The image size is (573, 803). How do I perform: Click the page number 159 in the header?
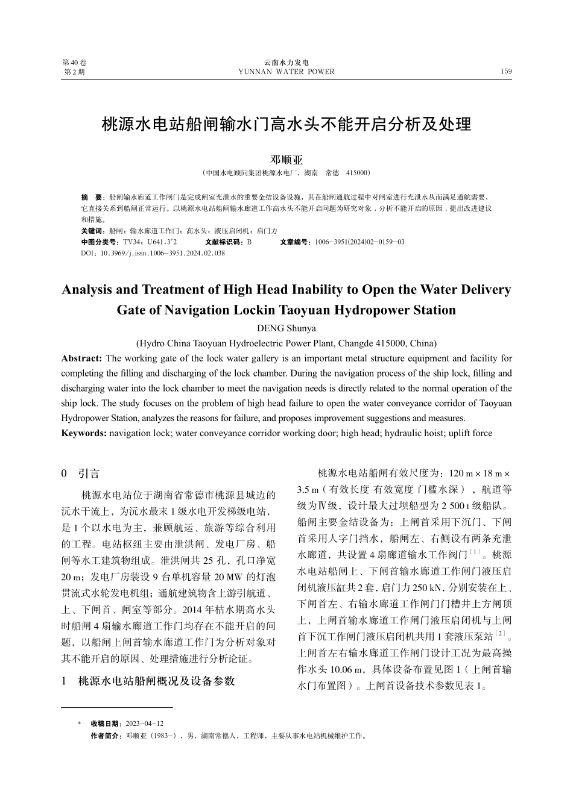click(506, 72)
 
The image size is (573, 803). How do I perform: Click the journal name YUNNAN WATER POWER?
click(286, 72)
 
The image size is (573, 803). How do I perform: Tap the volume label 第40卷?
click(75, 63)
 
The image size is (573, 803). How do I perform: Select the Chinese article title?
click(286, 125)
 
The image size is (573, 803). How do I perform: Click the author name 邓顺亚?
click(286, 160)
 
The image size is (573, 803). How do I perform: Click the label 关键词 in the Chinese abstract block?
click(92, 231)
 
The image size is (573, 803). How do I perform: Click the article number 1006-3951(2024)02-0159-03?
click(359, 242)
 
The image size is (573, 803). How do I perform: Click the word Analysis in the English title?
click(87, 290)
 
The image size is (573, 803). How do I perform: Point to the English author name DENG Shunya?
click(286, 328)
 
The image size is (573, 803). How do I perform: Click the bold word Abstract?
click(82, 358)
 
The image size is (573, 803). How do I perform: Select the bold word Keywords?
click(84, 433)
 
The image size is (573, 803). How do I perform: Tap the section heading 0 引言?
click(81, 474)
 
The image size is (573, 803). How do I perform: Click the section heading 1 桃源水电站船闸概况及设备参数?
click(148, 681)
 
